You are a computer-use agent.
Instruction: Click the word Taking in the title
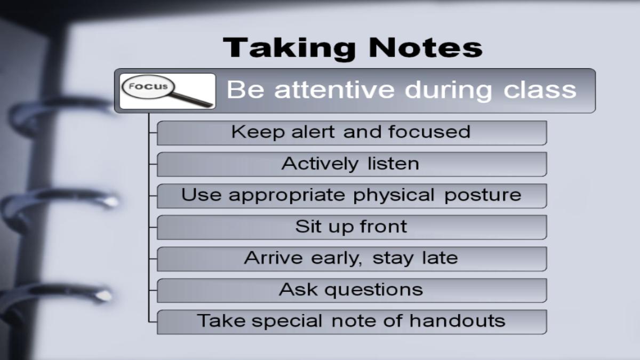(290, 49)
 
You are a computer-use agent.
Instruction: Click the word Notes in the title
(426, 47)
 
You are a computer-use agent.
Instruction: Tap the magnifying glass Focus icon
(167, 91)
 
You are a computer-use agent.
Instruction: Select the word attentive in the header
(334, 90)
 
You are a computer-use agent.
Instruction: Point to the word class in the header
(540, 90)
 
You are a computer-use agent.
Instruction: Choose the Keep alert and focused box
(352, 133)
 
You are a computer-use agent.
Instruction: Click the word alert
(313, 132)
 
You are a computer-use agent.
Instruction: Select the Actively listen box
(352, 164)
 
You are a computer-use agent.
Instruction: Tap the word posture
(483, 196)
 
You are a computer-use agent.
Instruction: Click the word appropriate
(286, 196)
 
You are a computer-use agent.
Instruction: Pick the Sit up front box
(352, 227)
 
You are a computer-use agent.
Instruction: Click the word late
(441, 258)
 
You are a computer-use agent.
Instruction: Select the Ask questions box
(352, 291)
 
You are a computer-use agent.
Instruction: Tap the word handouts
(458, 321)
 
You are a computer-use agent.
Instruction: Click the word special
(287, 322)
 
